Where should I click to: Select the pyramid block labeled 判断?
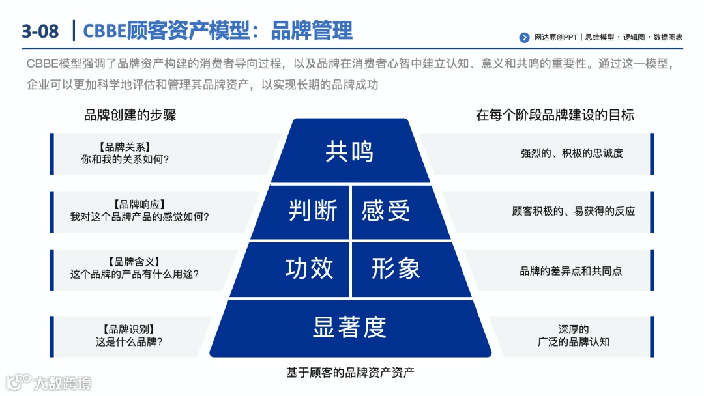[312, 212]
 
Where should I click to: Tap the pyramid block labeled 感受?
[387, 212]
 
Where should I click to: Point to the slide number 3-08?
[40, 31]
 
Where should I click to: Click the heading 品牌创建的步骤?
[130, 115]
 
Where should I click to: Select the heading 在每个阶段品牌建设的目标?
[555, 115]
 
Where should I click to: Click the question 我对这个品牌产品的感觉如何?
[139, 217]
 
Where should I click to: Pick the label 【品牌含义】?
[134, 262]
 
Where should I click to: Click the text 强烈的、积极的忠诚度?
[572, 154]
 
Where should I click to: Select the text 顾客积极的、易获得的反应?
[573, 212]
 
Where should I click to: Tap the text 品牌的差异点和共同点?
[570, 270]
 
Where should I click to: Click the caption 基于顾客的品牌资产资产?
[350, 373]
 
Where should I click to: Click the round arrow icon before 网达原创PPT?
[524, 38]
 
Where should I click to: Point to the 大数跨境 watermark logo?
[49, 382]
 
